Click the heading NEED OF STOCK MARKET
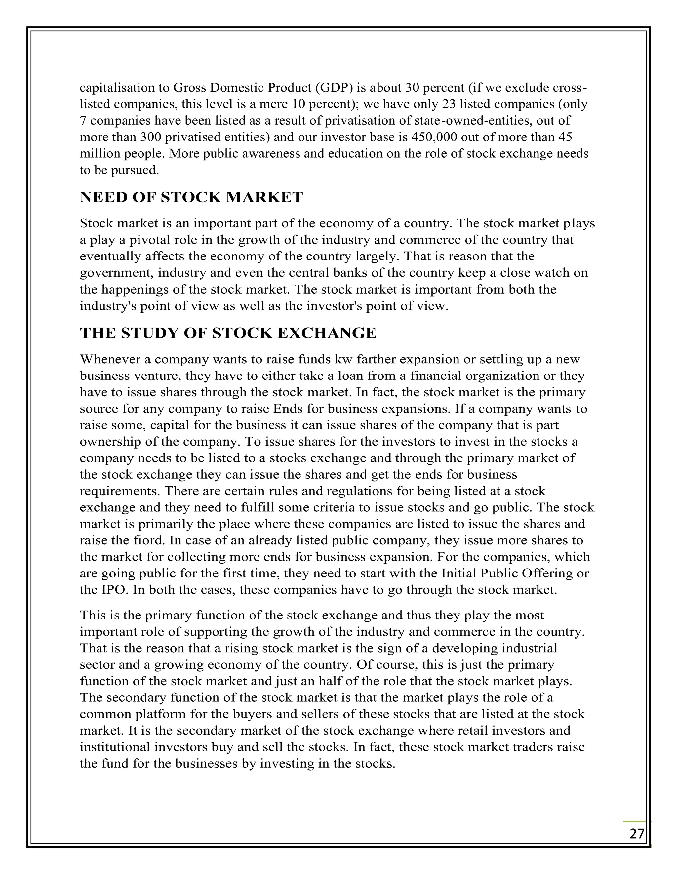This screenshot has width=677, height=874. pos(191,197)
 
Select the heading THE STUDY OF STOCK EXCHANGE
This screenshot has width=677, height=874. pos(228,333)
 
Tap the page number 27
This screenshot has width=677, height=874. pos(637,834)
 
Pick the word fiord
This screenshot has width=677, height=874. pos(148,541)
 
